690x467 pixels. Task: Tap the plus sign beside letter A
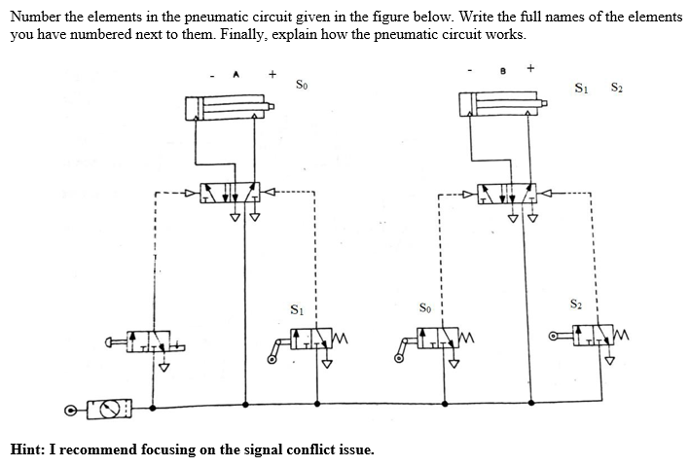(272, 72)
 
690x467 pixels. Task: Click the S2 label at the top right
(616, 90)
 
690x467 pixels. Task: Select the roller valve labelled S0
(437, 341)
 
